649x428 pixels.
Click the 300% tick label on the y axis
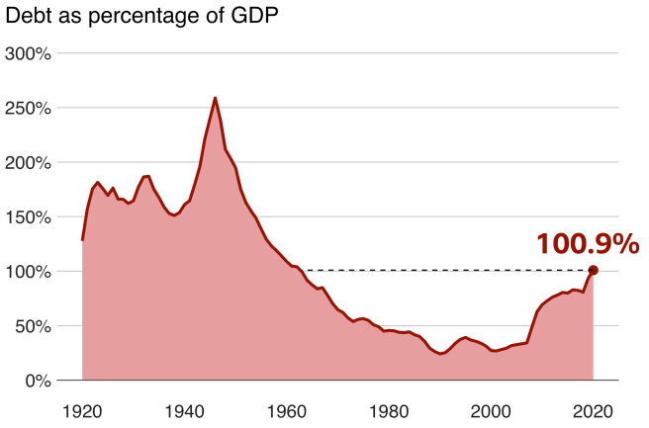pos(29,53)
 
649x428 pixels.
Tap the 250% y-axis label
pos(29,108)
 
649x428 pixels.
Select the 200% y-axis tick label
pos(29,162)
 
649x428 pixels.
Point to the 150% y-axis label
pos(29,216)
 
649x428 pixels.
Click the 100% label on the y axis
pos(29,272)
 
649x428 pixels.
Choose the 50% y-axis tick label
pos(33,326)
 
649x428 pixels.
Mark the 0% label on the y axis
pos(38,381)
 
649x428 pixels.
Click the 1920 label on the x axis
pos(82,409)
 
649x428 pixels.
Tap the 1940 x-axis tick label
pos(185,409)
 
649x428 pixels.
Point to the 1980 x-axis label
pos(389,409)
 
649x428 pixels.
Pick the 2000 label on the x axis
pos(492,409)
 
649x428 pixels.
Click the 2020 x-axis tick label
pos(594,409)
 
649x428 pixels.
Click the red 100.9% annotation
pos(588,244)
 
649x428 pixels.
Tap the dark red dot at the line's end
pos(593,270)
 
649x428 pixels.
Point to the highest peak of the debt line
pos(215,98)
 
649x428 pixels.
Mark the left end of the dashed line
pos(307,270)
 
